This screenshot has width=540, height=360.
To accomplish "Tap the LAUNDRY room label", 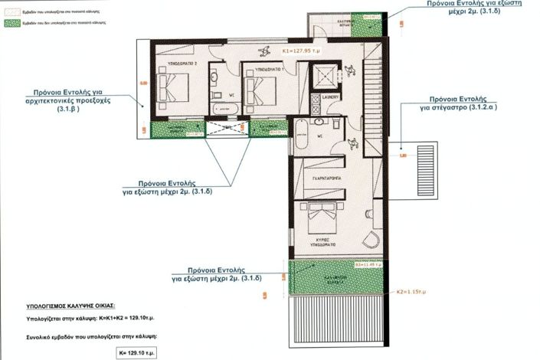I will click(331, 98).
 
